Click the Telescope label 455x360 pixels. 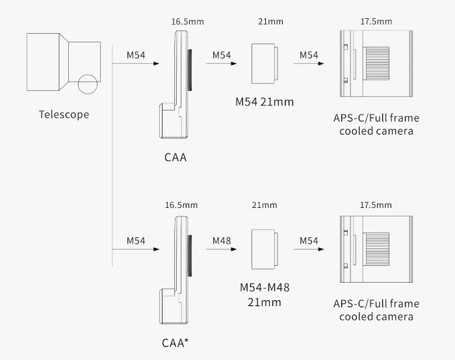pos(64,115)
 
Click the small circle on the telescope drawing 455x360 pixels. pos(87,83)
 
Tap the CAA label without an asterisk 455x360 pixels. pos(175,157)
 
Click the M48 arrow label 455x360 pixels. pos(222,241)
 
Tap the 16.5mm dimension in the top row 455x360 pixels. pos(187,21)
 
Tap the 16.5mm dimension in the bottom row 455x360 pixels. pos(180,205)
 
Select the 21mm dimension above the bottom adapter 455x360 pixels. pos(264,205)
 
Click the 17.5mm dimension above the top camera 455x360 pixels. pos(376,21)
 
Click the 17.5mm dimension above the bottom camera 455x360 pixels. pos(376,205)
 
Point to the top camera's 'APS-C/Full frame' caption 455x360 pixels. pos(376,118)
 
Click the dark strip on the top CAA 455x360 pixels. pos(190,69)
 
